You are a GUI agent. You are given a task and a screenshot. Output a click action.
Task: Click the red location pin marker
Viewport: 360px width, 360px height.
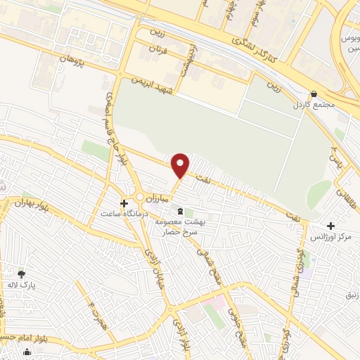pyautogui.click(x=181, y=165)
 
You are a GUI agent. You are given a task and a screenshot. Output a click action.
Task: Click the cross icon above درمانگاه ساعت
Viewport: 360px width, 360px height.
pyautogui.click(x=124, y=203)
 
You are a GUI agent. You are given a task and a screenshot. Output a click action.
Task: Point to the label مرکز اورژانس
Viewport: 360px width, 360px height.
pyautogui.click(x=335, y=237)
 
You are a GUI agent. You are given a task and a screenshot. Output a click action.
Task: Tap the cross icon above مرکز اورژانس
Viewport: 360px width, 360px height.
pyautogui.click(x=330, y=226)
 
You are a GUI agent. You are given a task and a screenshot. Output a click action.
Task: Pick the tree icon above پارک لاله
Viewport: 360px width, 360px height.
pyautogui.click(x=21, y=274)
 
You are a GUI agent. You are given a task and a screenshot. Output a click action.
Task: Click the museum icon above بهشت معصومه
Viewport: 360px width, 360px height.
pyautogui.click(x=181, y=211)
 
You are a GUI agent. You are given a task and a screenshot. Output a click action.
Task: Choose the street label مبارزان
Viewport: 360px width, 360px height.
pyautogui.click(x=171, y=199)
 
